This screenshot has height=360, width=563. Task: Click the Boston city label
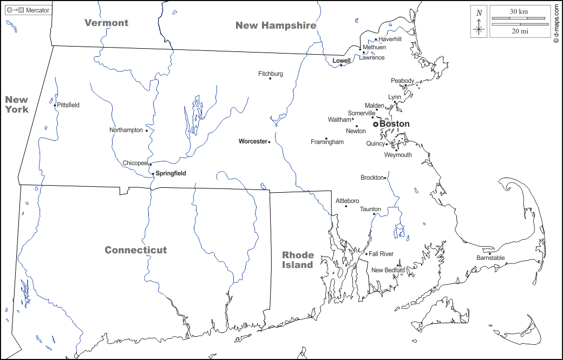tap(395, 124)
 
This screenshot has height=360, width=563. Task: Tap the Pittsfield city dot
tap(55, 105)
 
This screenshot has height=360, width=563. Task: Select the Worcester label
tap(253, 141)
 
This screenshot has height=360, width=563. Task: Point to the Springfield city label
tap(171, 173)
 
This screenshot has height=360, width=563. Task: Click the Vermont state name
tap(107, 23)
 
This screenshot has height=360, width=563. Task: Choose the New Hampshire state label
tap(276, 25)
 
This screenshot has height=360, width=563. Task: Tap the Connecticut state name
tap(136, 250)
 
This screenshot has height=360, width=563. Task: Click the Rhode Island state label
tap(298, 260)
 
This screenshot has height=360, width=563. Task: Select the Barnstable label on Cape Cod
tap(490, 258)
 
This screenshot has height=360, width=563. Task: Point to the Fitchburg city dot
tap(270, 79)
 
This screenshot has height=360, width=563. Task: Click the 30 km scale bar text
tap(518, 11)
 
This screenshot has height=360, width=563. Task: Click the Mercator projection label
tap(37, 10)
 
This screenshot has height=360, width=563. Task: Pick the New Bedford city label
tap(388, 270)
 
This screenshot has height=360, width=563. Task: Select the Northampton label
tap(126, 130)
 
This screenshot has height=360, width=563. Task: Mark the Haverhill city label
tap(390, 40)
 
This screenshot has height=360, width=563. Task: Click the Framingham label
tap(327, 142)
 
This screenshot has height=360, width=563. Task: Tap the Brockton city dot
tap(385, 178)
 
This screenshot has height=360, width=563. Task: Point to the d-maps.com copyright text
tap(556, 24)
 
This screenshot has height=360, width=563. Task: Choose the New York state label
tap(17, 104)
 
